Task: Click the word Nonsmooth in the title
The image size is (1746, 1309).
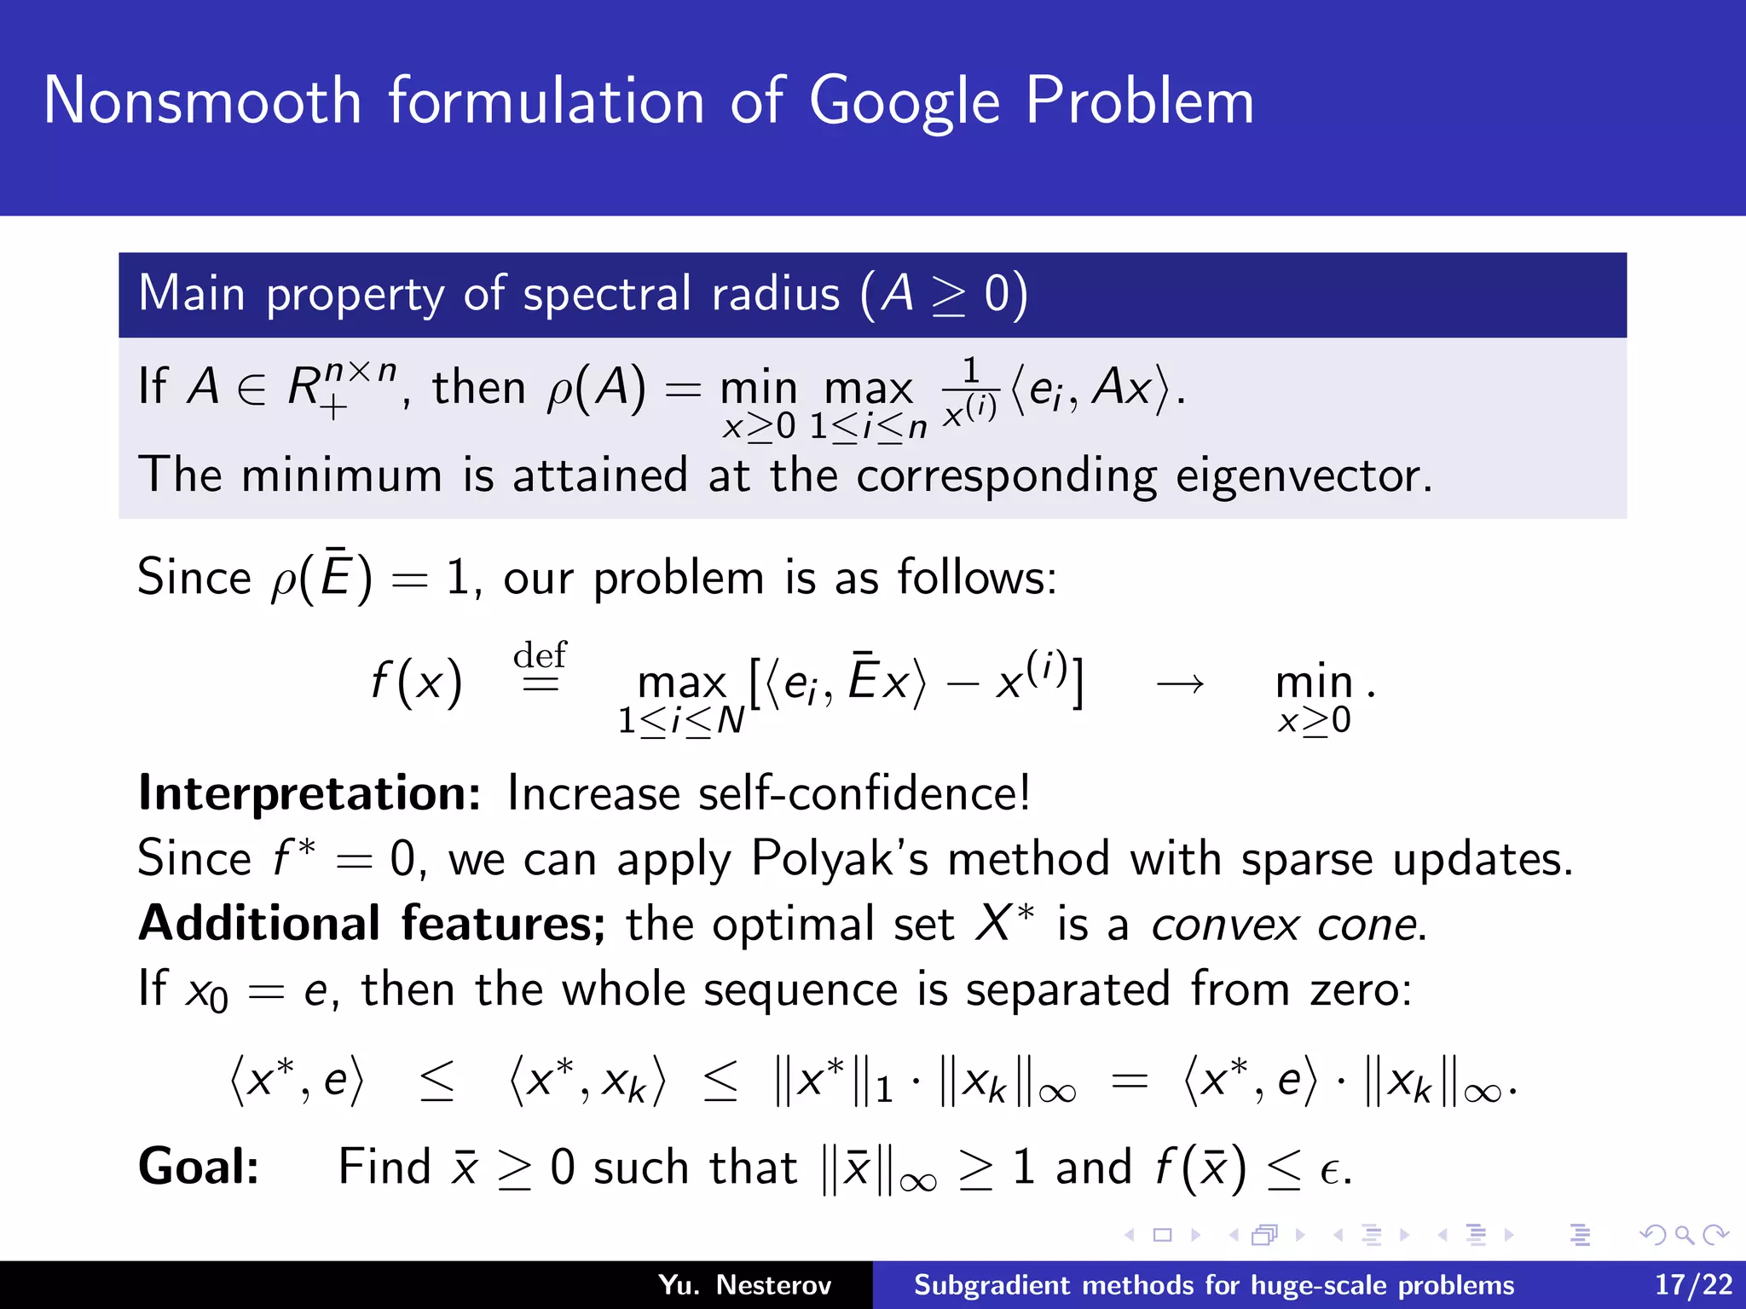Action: pyautogui.click(x=203, y=101)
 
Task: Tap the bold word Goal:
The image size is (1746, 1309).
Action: pyautogui.click(x=199, y=1167)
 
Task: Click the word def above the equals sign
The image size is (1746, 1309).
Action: pyautogui.click(x=540, y=655)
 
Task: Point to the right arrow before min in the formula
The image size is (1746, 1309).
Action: pyautogui.click(x=1180, y=683)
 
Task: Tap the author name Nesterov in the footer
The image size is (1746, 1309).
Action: pyautogui.click(x=773, y=1284)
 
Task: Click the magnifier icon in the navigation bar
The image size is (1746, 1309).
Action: pyautogui.click(x=1684, y=1235)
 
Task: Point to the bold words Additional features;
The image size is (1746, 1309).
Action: pyautogui.click(x=372, y=924)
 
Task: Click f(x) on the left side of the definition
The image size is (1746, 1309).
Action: pyautogui.click(x=417, y=683)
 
